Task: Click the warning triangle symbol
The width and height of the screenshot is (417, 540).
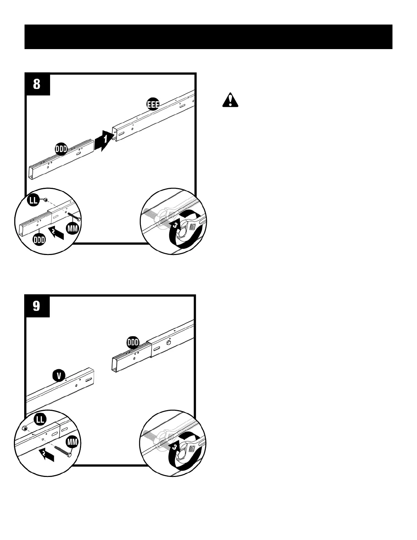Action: tap(230, 100)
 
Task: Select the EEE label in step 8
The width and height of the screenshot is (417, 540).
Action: tap(153, 104)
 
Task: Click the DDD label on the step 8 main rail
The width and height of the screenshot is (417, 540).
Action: tap(61, 149)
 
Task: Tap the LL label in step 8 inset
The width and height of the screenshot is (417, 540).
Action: tap(33, 201)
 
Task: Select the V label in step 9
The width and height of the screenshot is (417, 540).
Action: tap(59, 376)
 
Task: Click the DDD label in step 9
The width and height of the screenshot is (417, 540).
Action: tap(133, 342)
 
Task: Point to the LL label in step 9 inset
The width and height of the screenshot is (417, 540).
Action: tap(40, 419)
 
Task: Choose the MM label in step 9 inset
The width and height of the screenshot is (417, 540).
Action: tap(72, 442)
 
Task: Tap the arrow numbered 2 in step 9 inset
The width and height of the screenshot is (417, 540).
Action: tap(46, 454)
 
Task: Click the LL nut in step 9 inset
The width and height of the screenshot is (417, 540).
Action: tap(25, 429)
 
